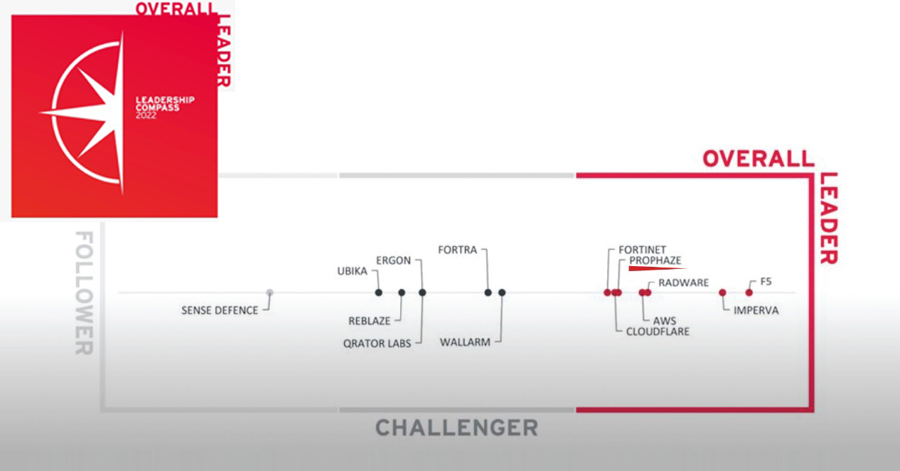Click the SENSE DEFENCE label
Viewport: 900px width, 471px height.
219,310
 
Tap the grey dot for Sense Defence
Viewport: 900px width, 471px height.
269,292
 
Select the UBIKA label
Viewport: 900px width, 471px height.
353,271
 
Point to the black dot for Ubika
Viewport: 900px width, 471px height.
379,292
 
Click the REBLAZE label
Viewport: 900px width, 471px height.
368,322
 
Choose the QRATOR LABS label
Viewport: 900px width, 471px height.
377,344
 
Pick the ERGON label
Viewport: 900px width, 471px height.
393,260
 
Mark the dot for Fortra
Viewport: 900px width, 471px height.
488,292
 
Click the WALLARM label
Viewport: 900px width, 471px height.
465,342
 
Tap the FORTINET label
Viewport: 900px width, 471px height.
642,250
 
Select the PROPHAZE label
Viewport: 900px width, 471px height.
655,261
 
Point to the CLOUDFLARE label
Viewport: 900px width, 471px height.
658,332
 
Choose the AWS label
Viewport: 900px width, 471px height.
665,321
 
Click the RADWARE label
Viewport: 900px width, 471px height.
683,282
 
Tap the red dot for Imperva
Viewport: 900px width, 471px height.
722,292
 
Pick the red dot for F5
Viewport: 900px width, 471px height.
749,292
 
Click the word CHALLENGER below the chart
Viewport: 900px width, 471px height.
456,428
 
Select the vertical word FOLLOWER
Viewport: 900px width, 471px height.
84,292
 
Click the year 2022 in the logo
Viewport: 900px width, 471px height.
146,115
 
